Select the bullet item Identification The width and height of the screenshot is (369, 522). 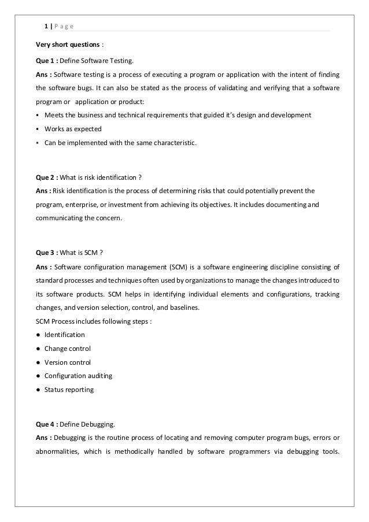coord(64,335)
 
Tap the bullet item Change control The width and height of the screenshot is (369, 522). coord(67,349)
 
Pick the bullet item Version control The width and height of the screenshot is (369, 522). coord(67,362)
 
